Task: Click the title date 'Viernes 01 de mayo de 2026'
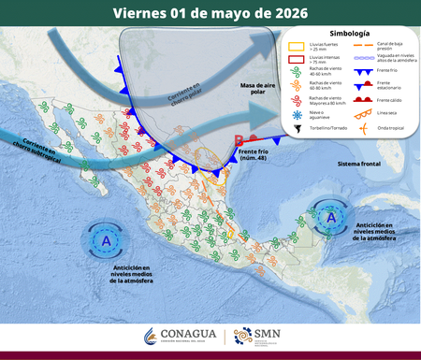(x=210, y=13)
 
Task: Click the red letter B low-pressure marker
(x=239, y=141)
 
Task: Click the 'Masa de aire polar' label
(x=261, y=90)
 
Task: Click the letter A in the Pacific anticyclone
(x=106, y=241)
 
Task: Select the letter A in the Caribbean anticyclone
(x=330, y=217)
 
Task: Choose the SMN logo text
(x=269, y=333)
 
